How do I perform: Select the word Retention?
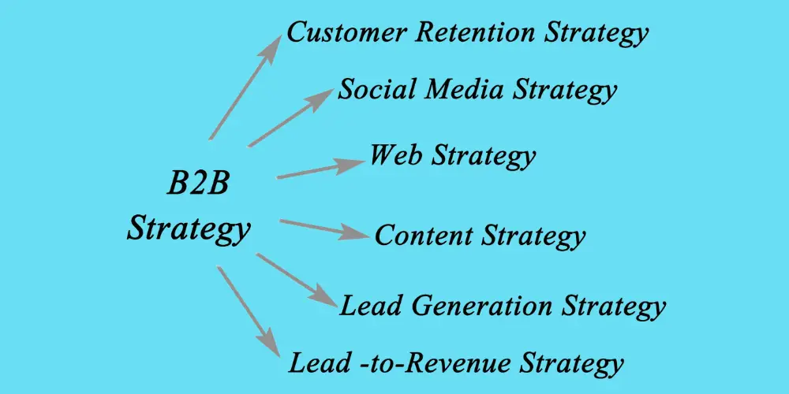pyautogui.click(x=476, y=32)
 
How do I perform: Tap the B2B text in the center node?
pyautogui.click(x=197, y=183)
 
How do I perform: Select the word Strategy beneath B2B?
pyautogui.click(x=189, y=228)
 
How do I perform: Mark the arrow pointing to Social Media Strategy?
pyautogui.click(x=291, y=117)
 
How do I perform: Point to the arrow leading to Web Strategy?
pyautogui.click(x=320, y=169)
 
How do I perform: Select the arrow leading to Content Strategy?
pyautogui.click(x=324, y=229)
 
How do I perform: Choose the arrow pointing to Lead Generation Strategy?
pyautogui.click(x=297, y=280)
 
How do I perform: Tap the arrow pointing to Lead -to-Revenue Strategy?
pyautogui.click(x=249, y=311)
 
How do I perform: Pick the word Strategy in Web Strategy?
pyautogui.click(x=484, y=156)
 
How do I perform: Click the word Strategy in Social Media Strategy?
pyautogui.click(x=565, y=91)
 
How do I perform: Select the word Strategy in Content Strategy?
pyautogui.click(x=534, y=236)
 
